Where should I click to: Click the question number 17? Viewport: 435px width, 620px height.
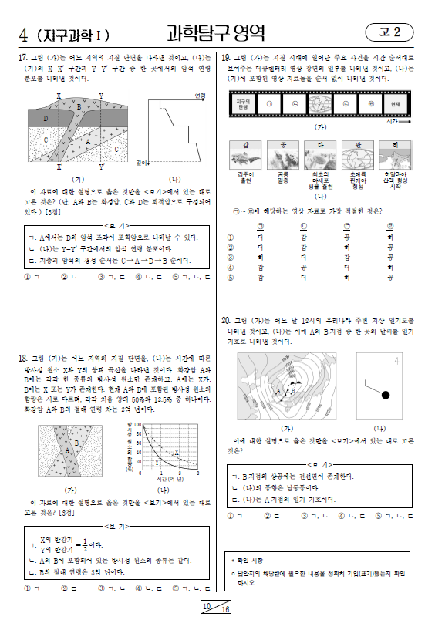23,58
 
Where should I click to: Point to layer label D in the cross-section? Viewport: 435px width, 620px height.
46,118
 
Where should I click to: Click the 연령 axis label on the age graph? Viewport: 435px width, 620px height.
200,95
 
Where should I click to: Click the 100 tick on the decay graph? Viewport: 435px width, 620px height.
138,424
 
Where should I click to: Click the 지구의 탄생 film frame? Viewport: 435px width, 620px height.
244,103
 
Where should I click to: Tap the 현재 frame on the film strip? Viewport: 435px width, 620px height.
394,103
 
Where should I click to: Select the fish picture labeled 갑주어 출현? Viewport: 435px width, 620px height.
244,157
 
